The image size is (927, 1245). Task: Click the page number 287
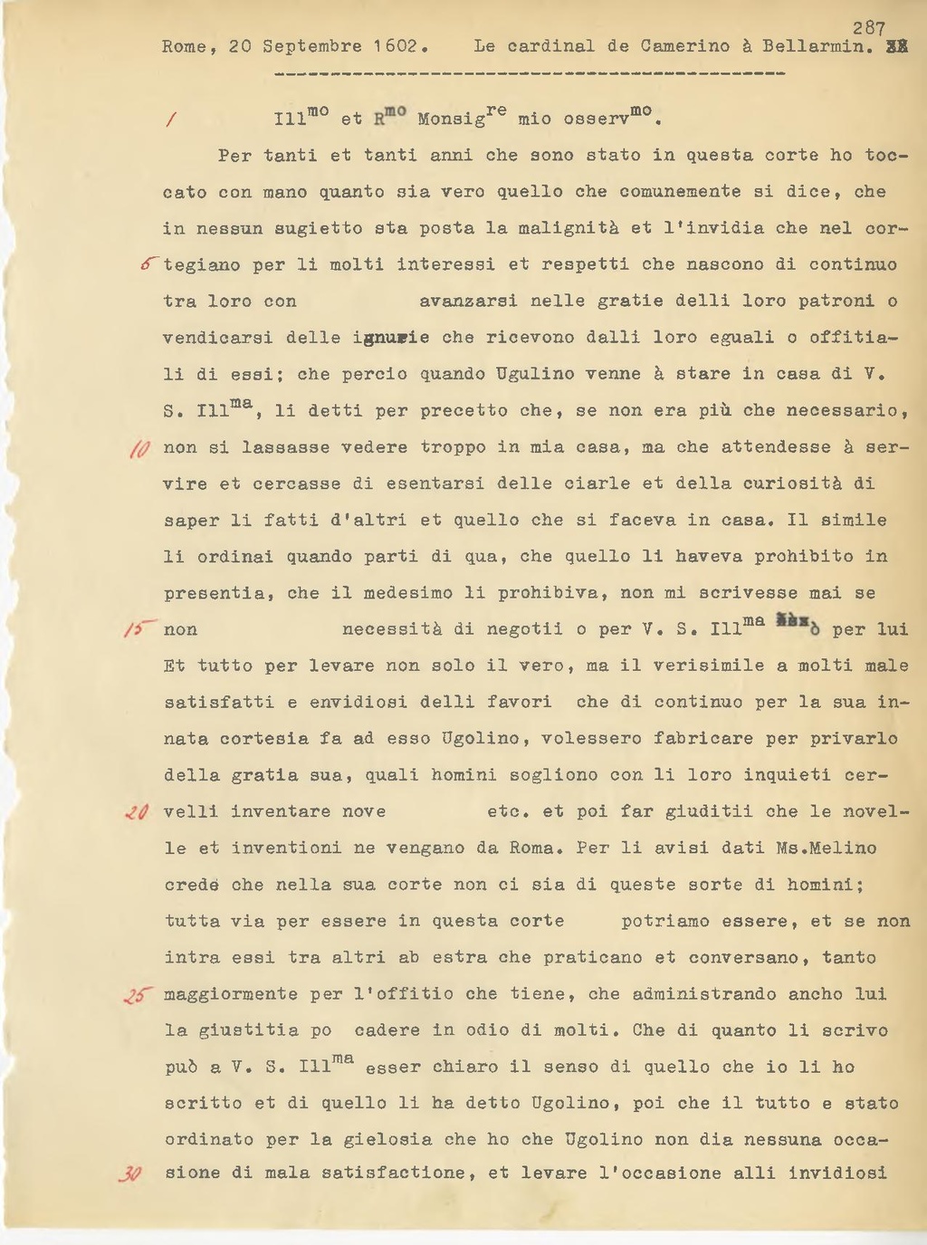pos(868,29)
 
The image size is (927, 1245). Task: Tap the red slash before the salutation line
pos(171,120)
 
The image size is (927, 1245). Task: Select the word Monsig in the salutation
pos(451,119)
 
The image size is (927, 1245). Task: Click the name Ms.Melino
pos(826,848)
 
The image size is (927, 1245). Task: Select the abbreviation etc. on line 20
pos(506,812)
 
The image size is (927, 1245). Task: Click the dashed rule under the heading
pos(529,72)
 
